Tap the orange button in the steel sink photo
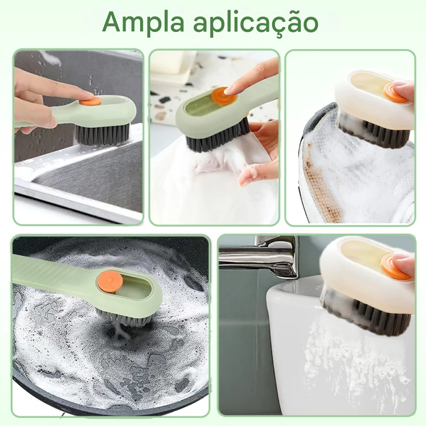[x=90, y=101]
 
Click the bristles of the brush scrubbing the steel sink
[x=102, y=134]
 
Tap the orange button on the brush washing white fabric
[x=224, y=96]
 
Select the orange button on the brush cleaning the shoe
[x=396, y=92]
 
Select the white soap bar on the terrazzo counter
[x=172, y=62]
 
